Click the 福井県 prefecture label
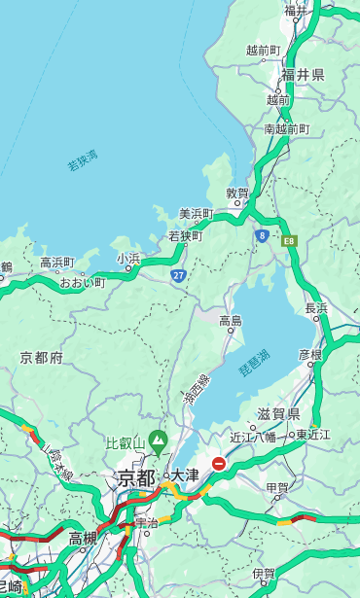304,75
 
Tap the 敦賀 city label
237,193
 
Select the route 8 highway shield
262,235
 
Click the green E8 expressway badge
289,239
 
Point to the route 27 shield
178,276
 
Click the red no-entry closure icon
219,464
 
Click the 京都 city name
136,477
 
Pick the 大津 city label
185,475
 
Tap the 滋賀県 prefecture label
277,414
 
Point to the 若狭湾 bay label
83,160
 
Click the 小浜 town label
128,259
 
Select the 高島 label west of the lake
231,321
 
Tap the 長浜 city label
317,308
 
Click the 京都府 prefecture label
42,358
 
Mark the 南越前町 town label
286,128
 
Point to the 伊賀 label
263,574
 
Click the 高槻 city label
82,538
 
